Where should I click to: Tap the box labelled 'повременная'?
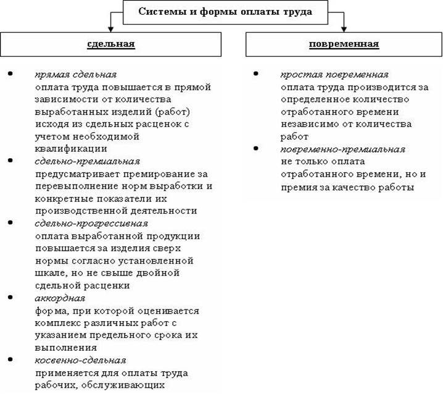tap(344, 44)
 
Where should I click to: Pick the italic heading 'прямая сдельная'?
tap(76, 74)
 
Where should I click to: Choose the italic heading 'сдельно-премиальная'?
tap(88, 161)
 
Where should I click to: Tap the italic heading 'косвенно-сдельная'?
tap(80, 359)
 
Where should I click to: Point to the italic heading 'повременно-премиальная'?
tap(342, 149)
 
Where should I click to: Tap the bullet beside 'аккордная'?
tap(10, 298)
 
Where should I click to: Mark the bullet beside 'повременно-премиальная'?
tap(256, 149)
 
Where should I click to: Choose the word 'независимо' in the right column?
tap(310, 124)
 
